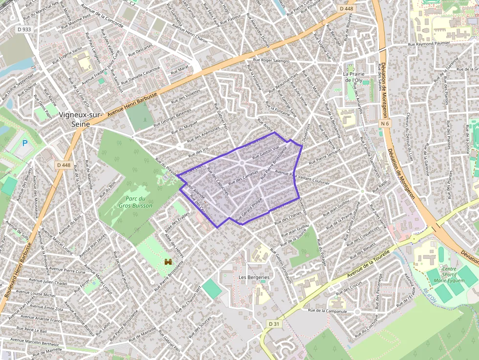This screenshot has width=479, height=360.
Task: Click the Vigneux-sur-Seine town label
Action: coord(80,120)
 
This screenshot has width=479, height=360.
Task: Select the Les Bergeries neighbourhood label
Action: coord(254,277)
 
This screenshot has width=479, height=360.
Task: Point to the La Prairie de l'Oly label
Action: coord(352,77)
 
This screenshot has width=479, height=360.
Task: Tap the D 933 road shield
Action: coord(24,29)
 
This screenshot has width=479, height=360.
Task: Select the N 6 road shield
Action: coord(385,124)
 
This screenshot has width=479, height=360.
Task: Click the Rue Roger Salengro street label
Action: coord(271,61)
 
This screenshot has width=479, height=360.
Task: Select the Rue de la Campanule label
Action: coord(327,311)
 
